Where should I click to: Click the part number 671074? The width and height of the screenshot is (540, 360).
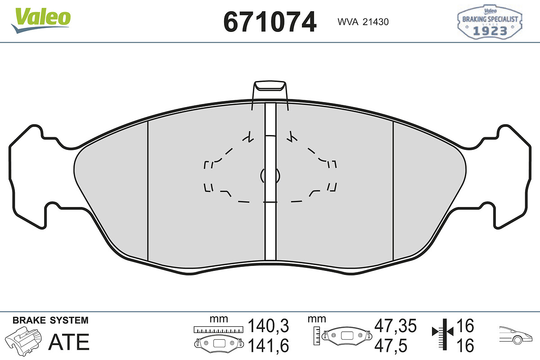[x=270, y=22]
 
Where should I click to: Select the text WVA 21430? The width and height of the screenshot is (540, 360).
[x=363, y=22]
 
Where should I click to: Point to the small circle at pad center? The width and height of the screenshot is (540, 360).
[x=270, y=175]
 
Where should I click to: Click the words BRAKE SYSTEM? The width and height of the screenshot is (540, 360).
[x=50, y=320]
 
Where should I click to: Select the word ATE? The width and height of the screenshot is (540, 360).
[x=69, y=342]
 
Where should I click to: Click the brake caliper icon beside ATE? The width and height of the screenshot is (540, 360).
[x=23, y=341]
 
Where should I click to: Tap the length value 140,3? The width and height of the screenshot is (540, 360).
[x=268, y=326]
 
